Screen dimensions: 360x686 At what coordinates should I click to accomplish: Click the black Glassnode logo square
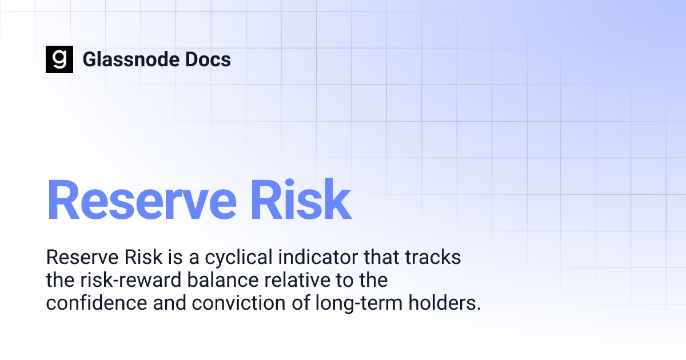click(59, 59)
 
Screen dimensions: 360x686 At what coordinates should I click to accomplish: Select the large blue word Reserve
click(141, 199)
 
